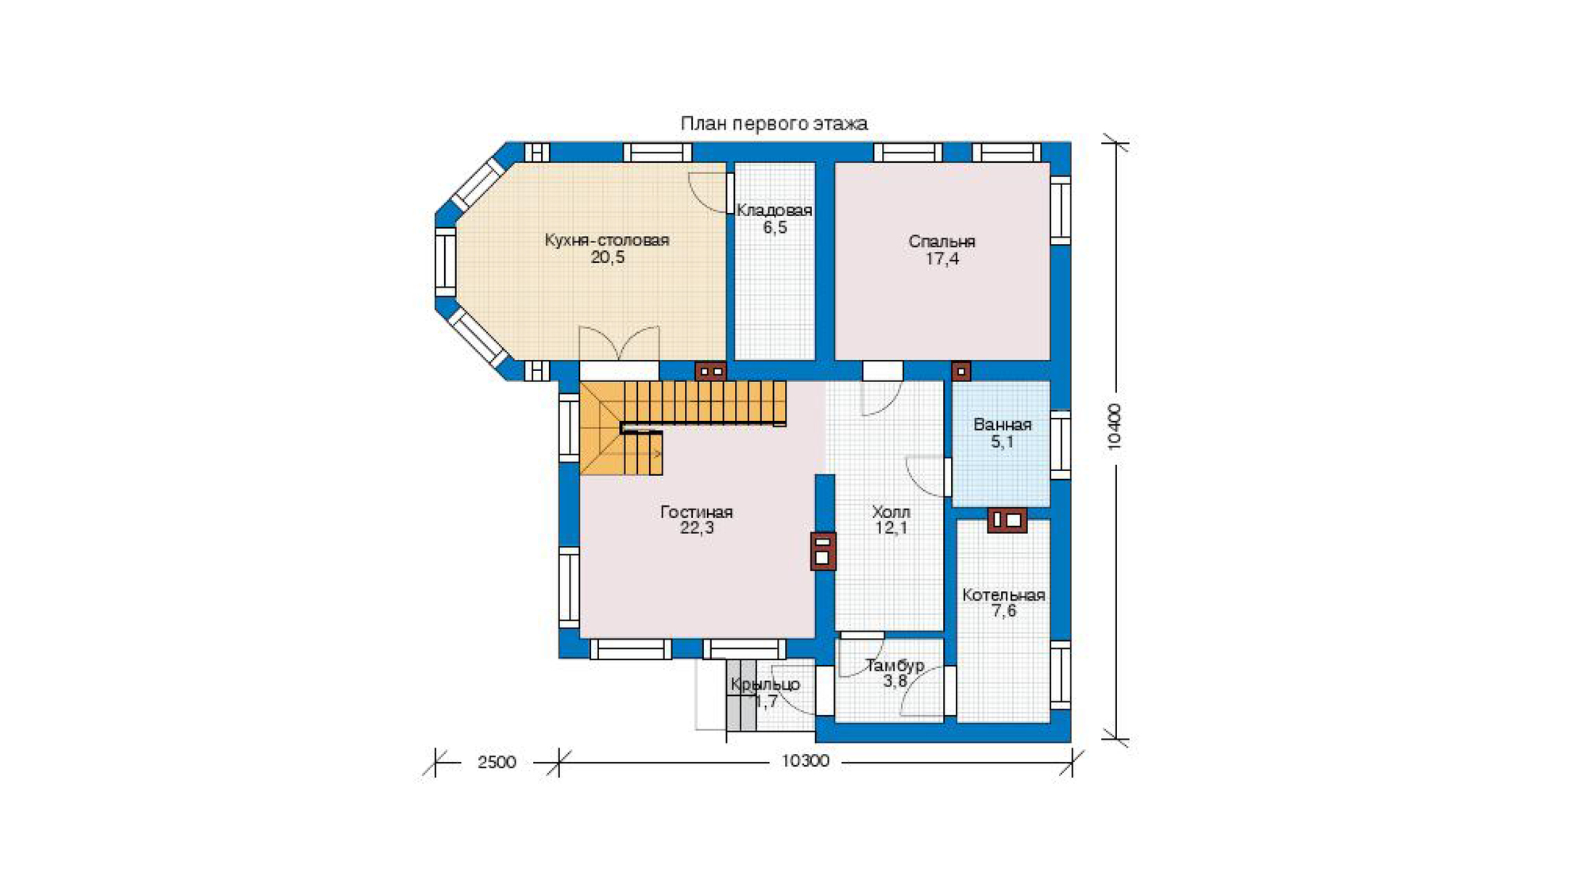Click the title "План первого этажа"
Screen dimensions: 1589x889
coord(774,124)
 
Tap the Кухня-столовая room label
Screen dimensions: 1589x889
coord(607,240)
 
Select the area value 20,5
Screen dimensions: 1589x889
coord(608,257)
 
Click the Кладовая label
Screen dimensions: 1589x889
coord(774,211)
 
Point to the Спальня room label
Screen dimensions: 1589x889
coord(941,242)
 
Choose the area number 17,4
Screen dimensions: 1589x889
coord(942,259)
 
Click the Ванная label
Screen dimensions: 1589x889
coord(1003,425)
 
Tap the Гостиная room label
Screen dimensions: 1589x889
coord(697,512)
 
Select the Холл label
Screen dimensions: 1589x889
coord(891,512)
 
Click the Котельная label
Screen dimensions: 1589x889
coord(1003,595)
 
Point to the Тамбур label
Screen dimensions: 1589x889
coord(895,666)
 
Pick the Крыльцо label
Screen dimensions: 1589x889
coord(765,685)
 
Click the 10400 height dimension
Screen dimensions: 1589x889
coord(1115,427)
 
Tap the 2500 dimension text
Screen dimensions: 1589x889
coord(497,763)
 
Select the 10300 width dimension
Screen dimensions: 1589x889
coord(805,761)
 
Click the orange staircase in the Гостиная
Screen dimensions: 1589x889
coord(683,405)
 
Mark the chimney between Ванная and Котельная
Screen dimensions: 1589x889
coord(1007,520)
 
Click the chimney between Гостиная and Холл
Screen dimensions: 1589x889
coord(823,551)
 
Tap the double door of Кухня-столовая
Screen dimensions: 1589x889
coord(619,344)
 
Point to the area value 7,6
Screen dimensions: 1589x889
coord(1003,611)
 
